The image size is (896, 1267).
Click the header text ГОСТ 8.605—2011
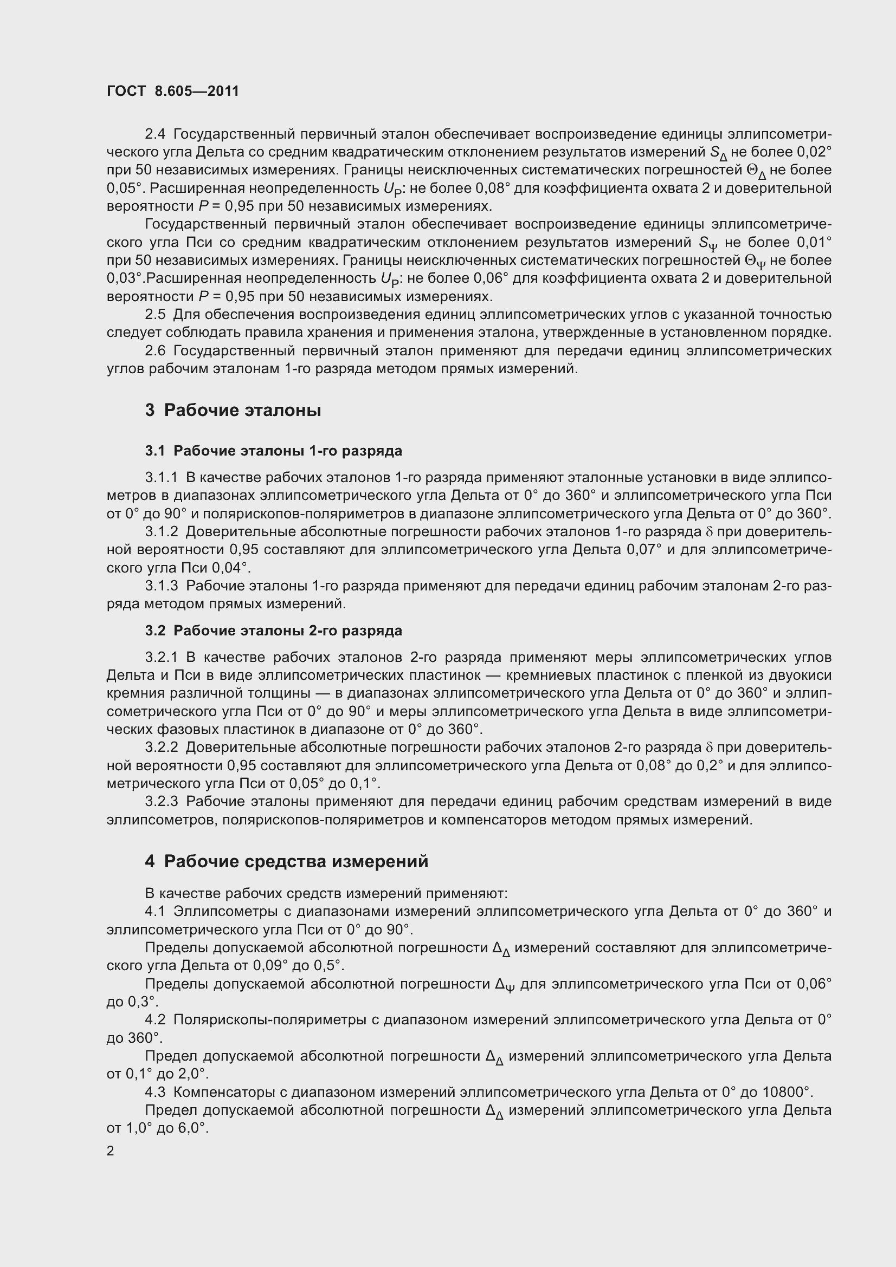point(173,91)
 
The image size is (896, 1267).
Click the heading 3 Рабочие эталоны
point(233,410)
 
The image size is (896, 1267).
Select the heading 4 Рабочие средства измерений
point(287,861)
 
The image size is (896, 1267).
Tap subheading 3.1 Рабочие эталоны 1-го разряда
point(273,451)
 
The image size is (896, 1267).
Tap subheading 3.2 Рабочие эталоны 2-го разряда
point(273,630)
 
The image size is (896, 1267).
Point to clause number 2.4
point(155,134)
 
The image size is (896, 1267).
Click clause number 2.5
point(155,315)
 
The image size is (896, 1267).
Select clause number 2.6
point(155,350)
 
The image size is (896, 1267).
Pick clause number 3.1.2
point(162,531)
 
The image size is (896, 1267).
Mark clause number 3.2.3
point(162,801)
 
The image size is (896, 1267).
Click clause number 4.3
point(155,1092)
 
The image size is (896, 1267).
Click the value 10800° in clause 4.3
point(788,1092)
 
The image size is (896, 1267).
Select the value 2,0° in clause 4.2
point(193,1074)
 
